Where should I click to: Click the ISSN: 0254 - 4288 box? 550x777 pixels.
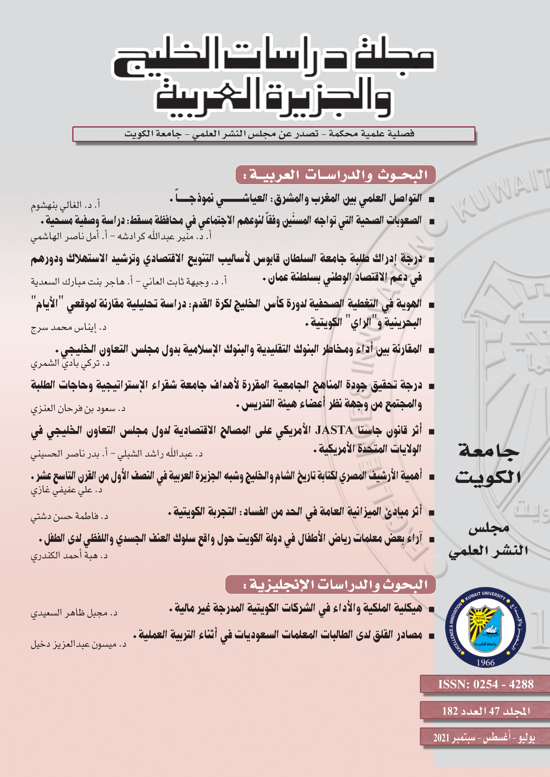pyautogui.click(x=486, y=684)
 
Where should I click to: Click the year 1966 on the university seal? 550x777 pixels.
pyautogui.click(x=485, y=662)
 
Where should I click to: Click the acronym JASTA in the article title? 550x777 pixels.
pyautogui.click(x=334, y=430)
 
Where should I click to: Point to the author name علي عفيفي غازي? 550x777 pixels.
pyautogui.click(x=66, y=490)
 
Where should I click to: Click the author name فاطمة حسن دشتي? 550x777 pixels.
pyautogui.click(x=69, y=516)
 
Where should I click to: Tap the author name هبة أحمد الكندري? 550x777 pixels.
pyautogui.click(x=69, y=556)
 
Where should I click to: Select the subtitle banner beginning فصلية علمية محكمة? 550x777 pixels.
pyautogui.click(x=274, y=134)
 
